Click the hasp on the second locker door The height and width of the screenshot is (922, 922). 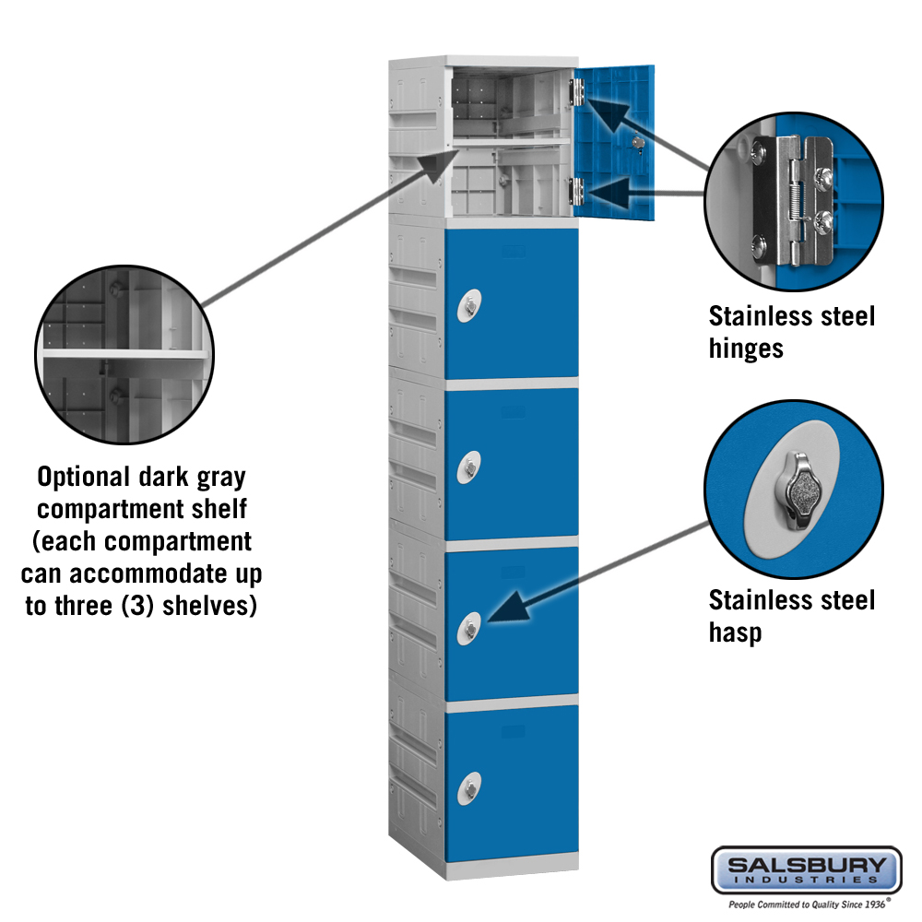[x=469, y=306]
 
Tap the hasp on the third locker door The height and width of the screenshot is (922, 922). [x=469, y=467]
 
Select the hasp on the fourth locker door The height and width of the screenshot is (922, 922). [x=469, y=629]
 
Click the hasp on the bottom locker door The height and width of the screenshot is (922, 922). [x=469, y=788]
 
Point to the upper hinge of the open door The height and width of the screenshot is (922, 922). [x=576, y=91]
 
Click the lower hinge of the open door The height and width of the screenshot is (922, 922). [x=576, y=191]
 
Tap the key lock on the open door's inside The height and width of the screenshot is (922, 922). [x=638, y=144]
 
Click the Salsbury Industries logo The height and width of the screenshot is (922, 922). [x=806, y=871]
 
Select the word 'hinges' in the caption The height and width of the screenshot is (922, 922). [x=746, y=349]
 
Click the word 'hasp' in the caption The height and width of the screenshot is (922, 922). [x=735, y=632]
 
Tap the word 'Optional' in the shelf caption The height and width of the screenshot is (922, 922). [x=83, y=478]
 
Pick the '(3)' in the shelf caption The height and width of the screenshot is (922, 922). [x=138, y=606]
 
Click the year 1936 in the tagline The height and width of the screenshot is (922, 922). [x=874, y=904]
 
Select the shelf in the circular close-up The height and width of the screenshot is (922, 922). [x=124, y=354]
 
